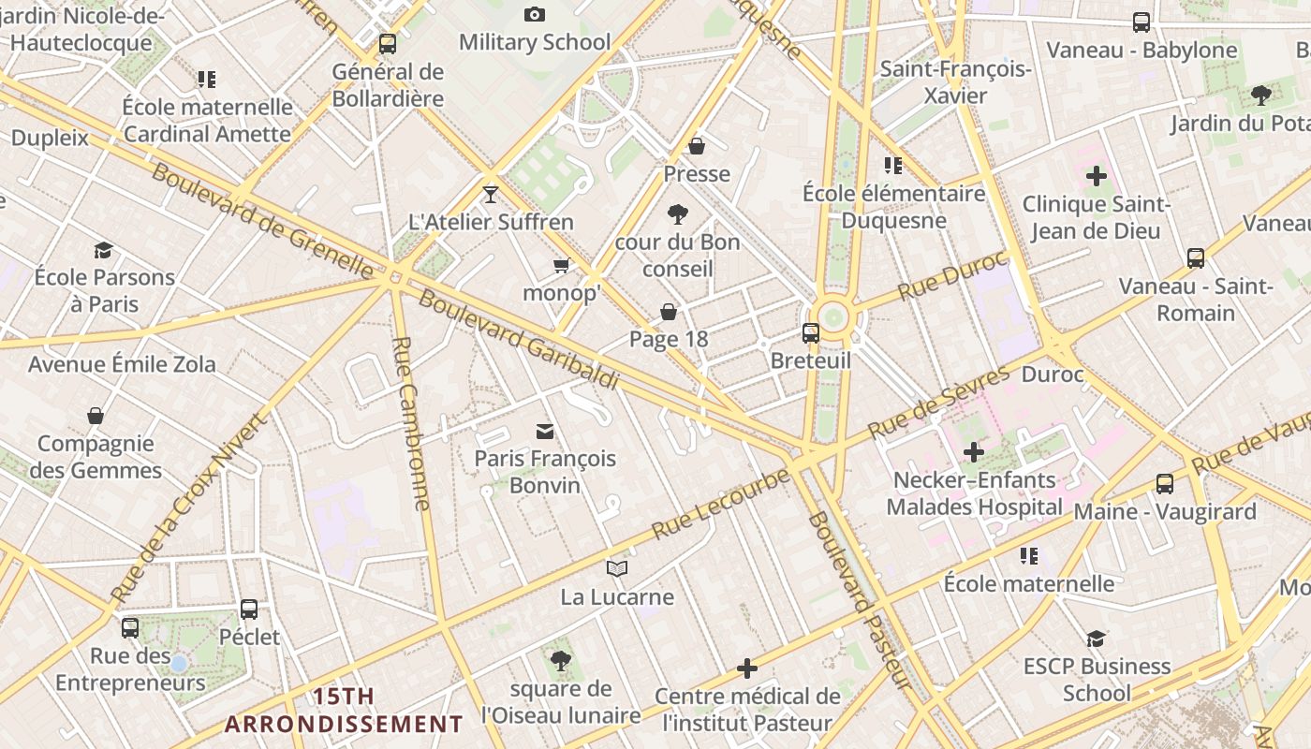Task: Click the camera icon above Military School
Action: (x=535, y=14)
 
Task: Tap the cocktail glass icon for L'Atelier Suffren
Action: (x=491, y=194)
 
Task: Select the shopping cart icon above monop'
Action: (x=561, y=266)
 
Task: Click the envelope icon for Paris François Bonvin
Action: (x=545, y=431)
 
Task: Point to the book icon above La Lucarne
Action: (x=616, y=568)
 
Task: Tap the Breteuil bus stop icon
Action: (x=811, y=332)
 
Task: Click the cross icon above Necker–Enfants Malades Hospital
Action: (x=974, y=453)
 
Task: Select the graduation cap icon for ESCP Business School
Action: (x=1096, y=639)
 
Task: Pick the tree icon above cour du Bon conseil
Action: (x=678, y=215)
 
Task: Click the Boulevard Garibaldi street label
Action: (x=519, y=340)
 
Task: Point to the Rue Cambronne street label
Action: (x=411, y=423)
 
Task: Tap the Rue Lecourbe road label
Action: (x=720, y=504)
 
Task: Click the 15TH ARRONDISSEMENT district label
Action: (x=344, y=711)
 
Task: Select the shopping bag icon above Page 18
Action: (x=669, y=312)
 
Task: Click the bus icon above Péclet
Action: (x=249, y=609)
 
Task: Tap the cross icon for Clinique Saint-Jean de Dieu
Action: (x=1096, y=176)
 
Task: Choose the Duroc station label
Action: (x=1052, y=375)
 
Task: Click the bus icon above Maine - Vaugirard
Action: (x=1165, y=484)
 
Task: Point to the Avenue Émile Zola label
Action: (x=122, y=364)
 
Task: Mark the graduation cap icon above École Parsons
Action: (x=104, y=250)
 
